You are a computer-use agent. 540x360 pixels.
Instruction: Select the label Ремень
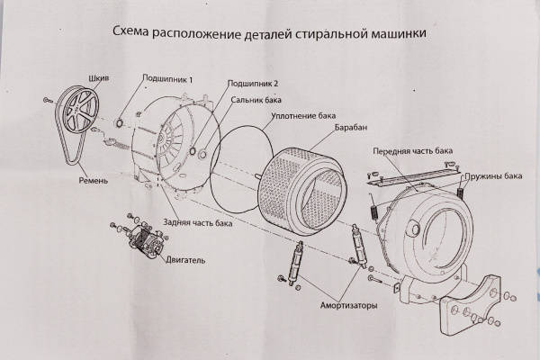pyautogui.click(x=93, y=181)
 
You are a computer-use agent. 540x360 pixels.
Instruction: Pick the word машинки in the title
pyautogui.click(x=396, y=33)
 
